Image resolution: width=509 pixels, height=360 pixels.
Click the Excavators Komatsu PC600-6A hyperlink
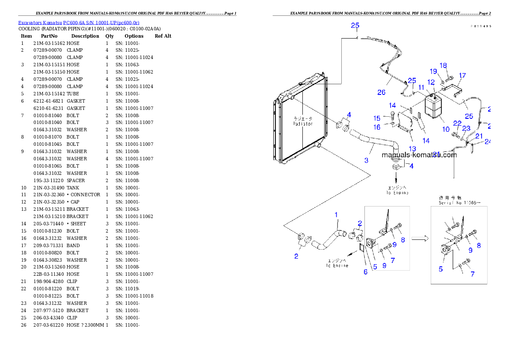pyautogui.click(x=79, y=22)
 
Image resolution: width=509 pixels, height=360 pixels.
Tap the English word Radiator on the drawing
pyautogui.click(x=303, y=124)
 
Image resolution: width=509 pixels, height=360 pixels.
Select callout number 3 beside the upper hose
pyautogui.click(x=366, y=160)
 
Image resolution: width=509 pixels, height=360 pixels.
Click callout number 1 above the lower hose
pyautogui.click(x=336, y=214)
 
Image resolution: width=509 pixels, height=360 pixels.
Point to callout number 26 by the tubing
pyautogui.click(x=381, y=92)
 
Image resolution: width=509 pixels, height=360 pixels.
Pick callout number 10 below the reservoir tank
pyautogui.click(x=446, y=129)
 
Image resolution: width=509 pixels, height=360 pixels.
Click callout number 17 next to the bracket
pyautogui.click(x=462, y=76)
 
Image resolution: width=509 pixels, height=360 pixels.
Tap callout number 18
pyautogui.click(x=443, y=65)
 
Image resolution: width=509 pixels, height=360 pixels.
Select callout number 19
pyautogui.click(x=433, y=71)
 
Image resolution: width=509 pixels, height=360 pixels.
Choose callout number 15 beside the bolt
pyautogui.click(x=377, y=118)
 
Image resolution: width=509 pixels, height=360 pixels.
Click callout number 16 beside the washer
pyautogui.click(x=377, y=127)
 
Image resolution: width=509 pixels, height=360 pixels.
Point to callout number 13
pyautogui.click(x=412, y=148)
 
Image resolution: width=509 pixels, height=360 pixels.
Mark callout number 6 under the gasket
pyautogui.click(x=365, y=272)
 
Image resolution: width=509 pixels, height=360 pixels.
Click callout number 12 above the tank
pyautogui.click(x=431, y=82)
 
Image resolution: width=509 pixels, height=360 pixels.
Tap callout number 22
pyautogui.click(x=457, y=123)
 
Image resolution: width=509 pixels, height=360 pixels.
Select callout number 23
pyautogui.click(x=466, y=128)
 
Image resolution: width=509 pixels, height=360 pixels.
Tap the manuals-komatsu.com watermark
pyautogui.click(x=419, y=155)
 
